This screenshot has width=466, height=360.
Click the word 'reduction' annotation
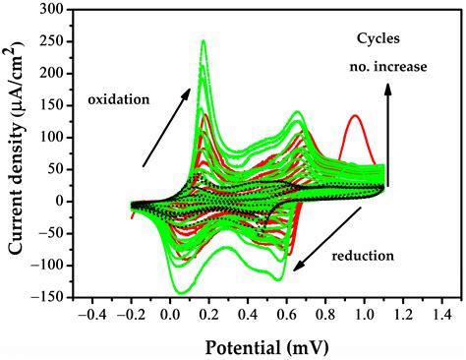coord(362,256)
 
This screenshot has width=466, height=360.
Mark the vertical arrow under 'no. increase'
coord(389,133)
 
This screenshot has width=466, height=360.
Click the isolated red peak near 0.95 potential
coord(354,117)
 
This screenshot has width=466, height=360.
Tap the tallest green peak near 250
coord(176,42)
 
